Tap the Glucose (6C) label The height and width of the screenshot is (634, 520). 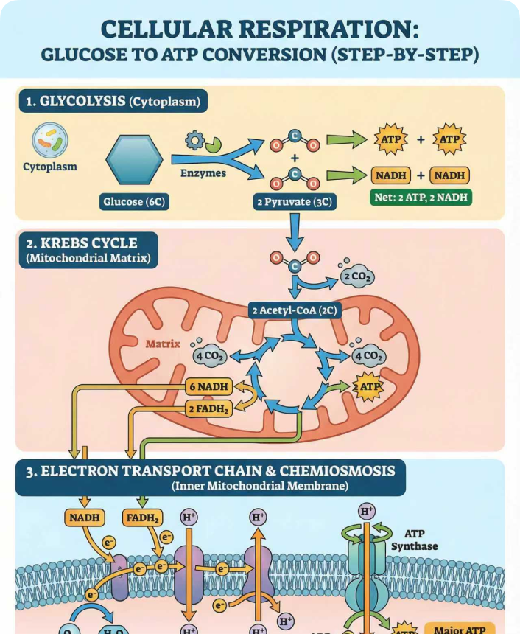pyautogui.click(x=135, y=201)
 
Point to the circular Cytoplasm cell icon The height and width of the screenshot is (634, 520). pyautogui.click(x=50, y=140)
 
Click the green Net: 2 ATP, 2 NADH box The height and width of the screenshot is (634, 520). pyautogui.click(x=421, y=198)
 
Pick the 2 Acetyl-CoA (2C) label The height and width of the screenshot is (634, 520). pyautogui.click(x=294, y=310)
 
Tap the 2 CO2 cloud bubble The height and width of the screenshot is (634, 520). pyautogui.click(x=357, y=277)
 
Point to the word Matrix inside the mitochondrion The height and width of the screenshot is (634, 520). pyautogui.click(x=163, y=344)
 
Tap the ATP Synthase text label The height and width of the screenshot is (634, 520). pyautogui.click(x=414, y=540)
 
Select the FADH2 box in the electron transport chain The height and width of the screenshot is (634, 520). pyautogui.click(x=144, y=518)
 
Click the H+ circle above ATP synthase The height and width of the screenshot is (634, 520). pyautogui.click(x=366, y=511)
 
